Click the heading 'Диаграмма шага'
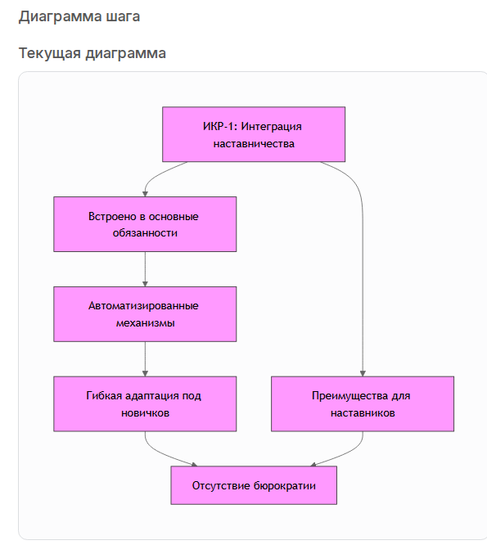coord(79,16)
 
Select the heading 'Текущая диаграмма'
coord(92,53)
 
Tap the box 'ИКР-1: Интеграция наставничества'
coord(254,134)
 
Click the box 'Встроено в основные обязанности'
coord(145,224)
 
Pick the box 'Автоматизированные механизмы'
coord(145,314)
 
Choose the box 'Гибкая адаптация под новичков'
coord(145,404)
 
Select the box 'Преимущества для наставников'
coord(363,404)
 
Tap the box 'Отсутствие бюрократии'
coord(254,485)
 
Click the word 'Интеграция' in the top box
coord(271,127)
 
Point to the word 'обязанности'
coord(145,233)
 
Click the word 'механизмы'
coord(146,323)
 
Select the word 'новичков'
coord(146,413)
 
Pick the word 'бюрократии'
coord(284,485)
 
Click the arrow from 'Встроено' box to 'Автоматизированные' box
coord(146,269)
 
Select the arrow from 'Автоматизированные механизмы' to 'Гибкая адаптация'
coord(146,359)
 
